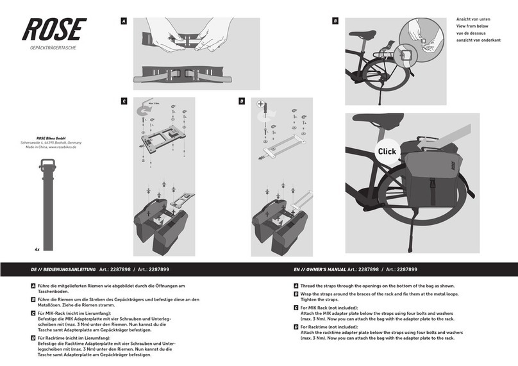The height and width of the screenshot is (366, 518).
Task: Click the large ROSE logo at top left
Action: [54, 29]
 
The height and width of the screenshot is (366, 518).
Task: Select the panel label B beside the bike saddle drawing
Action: [335, 21]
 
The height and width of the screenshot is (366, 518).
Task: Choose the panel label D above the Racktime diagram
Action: [242, 101]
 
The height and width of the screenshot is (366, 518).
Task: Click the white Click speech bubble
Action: [387, 151]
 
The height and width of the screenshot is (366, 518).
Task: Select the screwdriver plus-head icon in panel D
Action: [260, 104]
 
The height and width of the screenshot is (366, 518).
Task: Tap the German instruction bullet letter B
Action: [33, 299]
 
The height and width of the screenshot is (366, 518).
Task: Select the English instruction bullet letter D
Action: [296, 326]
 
